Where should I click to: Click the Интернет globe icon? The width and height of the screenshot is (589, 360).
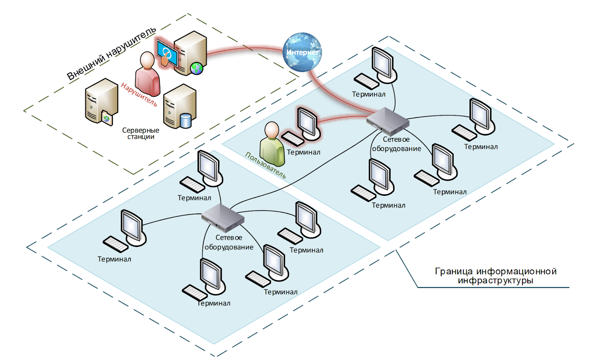(302, 52)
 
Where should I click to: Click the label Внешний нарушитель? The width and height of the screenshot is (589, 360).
(111, 53)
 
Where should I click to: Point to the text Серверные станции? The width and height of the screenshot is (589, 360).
(141, 133)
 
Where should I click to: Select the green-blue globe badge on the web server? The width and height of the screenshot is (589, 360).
(197, 68)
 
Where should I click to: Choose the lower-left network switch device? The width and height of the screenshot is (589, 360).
(223, 218)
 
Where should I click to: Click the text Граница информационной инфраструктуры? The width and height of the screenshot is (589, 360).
(495, 276)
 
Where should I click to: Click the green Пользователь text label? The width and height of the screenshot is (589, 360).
(265, 165)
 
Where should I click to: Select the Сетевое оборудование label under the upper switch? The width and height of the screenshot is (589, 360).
(396, 144)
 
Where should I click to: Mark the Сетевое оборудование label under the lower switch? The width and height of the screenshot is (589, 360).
(229, 242)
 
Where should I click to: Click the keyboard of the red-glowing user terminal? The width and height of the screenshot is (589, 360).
(293, 139)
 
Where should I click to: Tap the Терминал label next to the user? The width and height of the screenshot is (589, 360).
(303, 152)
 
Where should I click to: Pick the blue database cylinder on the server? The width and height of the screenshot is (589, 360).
(186, 120)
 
